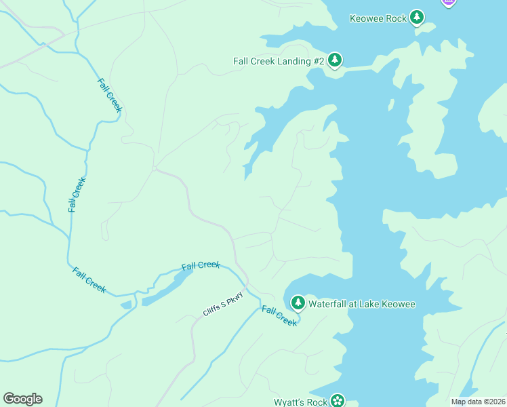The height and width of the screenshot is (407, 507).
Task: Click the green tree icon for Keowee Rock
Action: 417,18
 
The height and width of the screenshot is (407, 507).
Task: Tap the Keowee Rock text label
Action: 378,18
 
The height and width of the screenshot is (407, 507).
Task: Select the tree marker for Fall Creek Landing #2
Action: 334,61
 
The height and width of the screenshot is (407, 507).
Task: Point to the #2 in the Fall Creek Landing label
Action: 318,61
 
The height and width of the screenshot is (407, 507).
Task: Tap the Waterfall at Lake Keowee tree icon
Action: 298,303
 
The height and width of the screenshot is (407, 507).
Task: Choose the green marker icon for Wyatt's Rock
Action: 338,401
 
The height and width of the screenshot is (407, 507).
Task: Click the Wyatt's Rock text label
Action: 301,402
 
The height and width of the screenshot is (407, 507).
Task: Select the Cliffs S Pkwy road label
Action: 222,307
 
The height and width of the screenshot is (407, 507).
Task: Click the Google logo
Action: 22,399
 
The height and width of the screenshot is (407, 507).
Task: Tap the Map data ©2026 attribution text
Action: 479,402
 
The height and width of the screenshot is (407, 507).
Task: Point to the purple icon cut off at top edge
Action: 448,3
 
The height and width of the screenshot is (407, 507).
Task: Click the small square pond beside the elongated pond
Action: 126,305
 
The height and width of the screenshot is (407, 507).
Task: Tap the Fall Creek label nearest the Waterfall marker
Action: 279,316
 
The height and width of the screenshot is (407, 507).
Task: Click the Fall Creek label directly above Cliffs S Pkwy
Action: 201,265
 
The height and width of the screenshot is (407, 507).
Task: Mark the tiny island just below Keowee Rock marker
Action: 390,104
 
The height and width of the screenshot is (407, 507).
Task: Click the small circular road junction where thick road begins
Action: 155,168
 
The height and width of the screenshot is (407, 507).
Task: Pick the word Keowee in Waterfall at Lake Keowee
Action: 397,304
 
